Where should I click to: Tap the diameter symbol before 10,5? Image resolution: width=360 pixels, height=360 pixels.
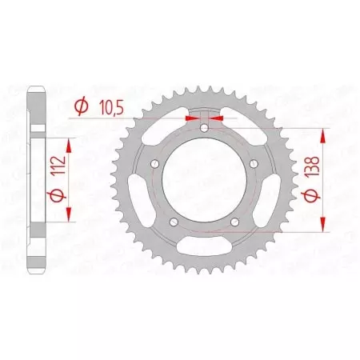tap(80, 106)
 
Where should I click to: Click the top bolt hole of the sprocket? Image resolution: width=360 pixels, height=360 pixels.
tap(204, 128)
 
